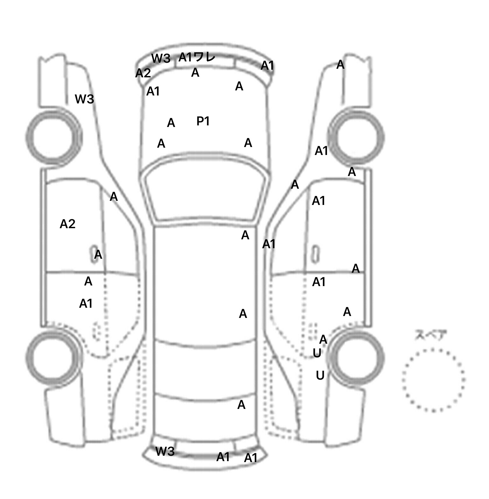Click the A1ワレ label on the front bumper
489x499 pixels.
click(x=197, y=57)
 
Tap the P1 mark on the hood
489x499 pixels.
click(x=203, y=121)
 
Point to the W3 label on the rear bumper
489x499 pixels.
click(x=165, y=451)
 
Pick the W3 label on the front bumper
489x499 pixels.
click(x=161, y=58)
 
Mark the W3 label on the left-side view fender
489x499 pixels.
click(x=84, y=99)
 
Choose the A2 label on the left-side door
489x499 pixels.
click(x=67, y=224)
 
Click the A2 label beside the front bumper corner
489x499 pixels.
click(x=143, y=73)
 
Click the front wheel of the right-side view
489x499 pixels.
click(x=357, y=137)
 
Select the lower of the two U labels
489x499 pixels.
click(x=320, y=376)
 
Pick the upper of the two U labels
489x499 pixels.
click(x=317, y=353)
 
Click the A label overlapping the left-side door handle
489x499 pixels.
click(x=98, y=255)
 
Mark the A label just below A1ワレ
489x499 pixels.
click(x=195, y=73)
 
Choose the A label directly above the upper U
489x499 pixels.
click(x=323, y=340)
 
